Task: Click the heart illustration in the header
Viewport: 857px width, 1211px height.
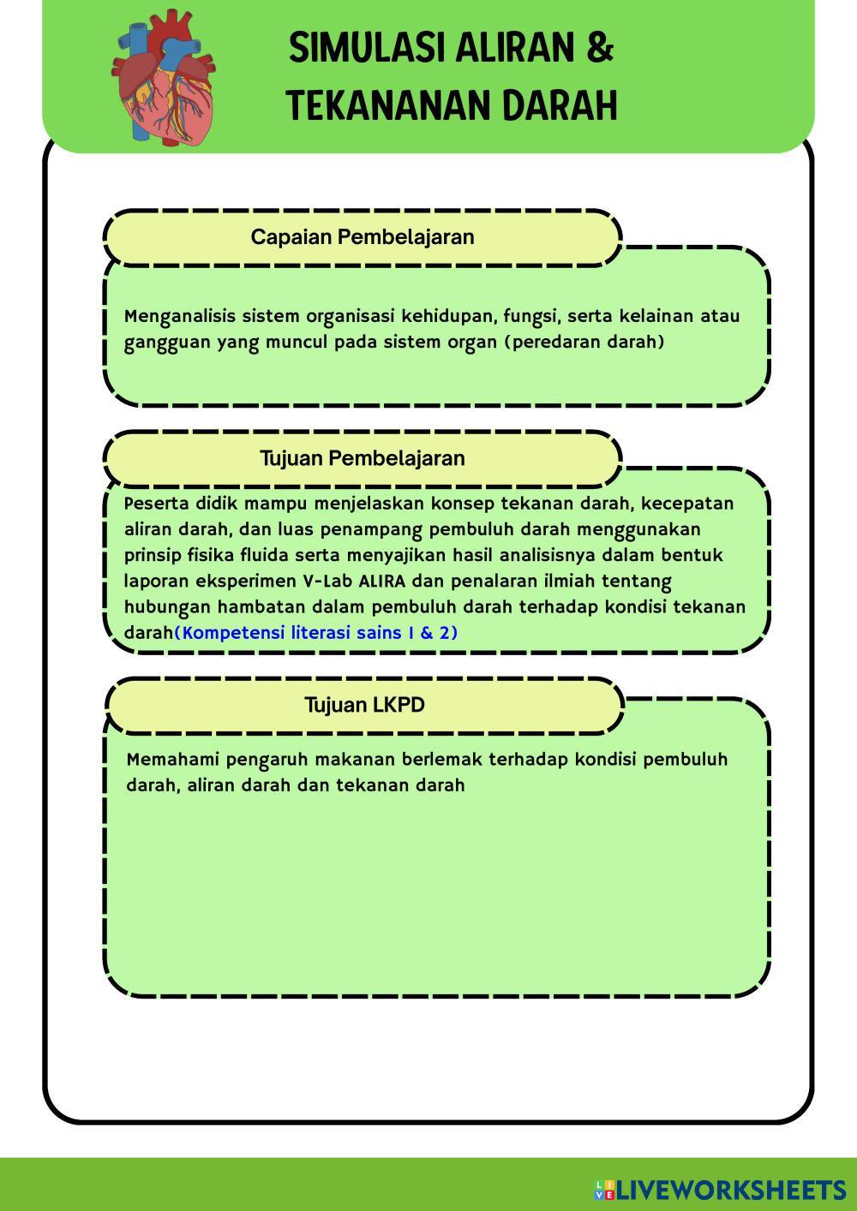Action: pos(164,77)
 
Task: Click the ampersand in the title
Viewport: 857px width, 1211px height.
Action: pos(601,48)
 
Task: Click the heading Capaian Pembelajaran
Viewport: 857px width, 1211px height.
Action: pos(362,237)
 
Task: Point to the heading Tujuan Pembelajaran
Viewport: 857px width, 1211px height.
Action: pos(362,458)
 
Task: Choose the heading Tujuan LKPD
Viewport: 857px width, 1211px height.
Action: pos(364,705)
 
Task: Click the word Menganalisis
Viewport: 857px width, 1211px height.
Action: pos(179,316)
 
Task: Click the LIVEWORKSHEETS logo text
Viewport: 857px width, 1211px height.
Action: pos(731,1190)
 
